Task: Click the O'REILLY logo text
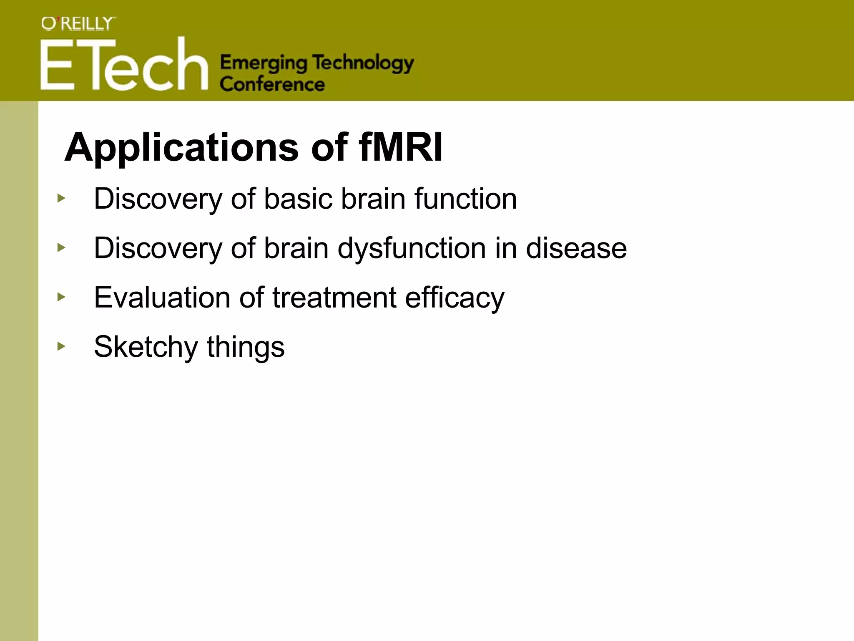[x=78, y=24]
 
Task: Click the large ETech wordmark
[x=124, y=65]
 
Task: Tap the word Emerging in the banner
[x=264, y=63]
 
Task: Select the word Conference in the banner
[x=272, y=84]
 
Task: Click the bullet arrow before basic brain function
[x=61, y=198]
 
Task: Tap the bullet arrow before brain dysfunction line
[x=61, y=248]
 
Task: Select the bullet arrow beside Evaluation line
[x=61, y=297]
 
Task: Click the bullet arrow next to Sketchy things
[x=61, y=346]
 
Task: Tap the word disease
[x=576, y=248]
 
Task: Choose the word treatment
[x=334, y=298]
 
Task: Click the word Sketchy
[x=146, y=347]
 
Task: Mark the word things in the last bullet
[x=246, y=347]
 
